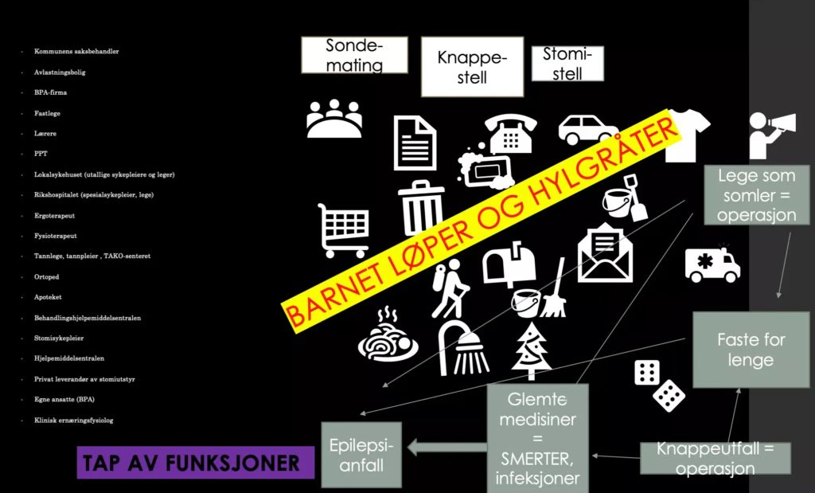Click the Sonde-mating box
(x=354, y=55)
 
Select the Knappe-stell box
(x=461, y=67)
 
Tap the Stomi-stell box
(x=567, y=64)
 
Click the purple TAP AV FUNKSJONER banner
(x=191, y=462)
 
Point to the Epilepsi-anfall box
(x=361, y=454)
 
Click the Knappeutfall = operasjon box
(x=715, y=459)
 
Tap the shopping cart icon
(x=343, y=229)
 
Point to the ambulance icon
(x=712, y=265)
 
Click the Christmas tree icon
(x=532, y=351)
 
